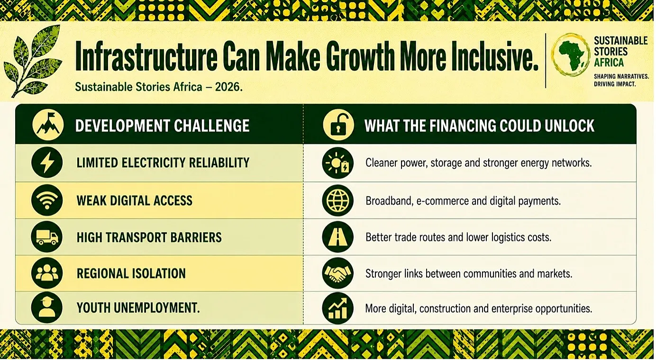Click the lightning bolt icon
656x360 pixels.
(47, 162)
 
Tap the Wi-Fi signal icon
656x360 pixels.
(47, 200)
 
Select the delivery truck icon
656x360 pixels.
(47, 237)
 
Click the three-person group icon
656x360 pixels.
(47, 273)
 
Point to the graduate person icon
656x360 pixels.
(47, 307)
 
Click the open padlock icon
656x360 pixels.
(338, 125)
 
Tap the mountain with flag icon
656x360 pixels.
(48, 125)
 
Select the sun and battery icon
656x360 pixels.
(337, 163)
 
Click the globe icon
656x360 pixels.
(337, 200)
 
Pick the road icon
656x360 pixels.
(337, 237)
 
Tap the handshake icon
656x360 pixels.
(337, 273)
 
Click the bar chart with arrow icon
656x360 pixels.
(337, 308)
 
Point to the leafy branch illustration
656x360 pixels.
(33, 61)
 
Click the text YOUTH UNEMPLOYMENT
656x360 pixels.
(138, 308)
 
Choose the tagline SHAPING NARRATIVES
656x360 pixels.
(620, 76)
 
